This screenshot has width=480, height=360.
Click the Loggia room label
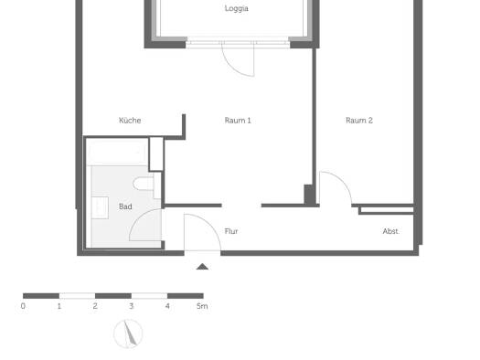pyautogui.click(x=236, y=8)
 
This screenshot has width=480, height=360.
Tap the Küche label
pyautogui.click(x=130, y=121)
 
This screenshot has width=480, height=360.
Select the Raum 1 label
pyautogui.click(x=238, y=121)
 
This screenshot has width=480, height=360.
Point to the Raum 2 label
pyautogui.click(x=359, y=121)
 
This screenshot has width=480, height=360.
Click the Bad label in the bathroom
pyautogui.click(x=125, y=206)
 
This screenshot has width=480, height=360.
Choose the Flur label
pyautogui.click(x=231, y=231)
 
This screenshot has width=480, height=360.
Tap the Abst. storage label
pyautogui.click(x=391, y=231)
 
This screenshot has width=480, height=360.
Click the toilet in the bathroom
pyautogui.click(x=144, y=184)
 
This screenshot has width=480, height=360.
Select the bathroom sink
pyautogui.click(x=100, y=207)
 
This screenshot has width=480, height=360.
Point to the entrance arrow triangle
pyautogui.click(x=202, y=267)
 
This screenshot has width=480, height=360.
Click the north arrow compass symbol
pyautogui.click(x=128, y=334)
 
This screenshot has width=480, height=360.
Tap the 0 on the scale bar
pyautogui.click(x=23, y=306)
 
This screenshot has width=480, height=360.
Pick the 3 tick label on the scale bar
pyautogui.click(x=132, y=306)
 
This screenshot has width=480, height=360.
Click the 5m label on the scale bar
pyautogui.click(x=202, y=306)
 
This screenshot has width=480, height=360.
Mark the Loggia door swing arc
pyautogui.click(x=234, y=68)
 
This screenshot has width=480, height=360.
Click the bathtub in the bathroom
pyautogui.click(x=118, y=152)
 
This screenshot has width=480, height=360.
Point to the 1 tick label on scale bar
pyautogui.click(x=59, y=306)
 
